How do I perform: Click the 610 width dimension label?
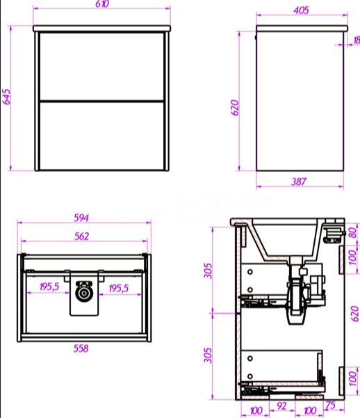click(x=102, y=4)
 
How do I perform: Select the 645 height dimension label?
click(x=6, y=97)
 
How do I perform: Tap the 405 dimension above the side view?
click(x=301, y=10)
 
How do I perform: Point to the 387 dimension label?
click(x=299, y=182)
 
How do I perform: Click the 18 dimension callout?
click(x=357, y=40)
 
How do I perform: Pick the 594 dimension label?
click(x=81, y=218)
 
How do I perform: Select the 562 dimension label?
click(x=81, y=236)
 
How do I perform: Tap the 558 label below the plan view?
click(x=81, y=348)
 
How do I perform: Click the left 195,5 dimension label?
click(x=49, y=287)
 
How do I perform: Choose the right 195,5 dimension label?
click(x=119, y=288)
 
